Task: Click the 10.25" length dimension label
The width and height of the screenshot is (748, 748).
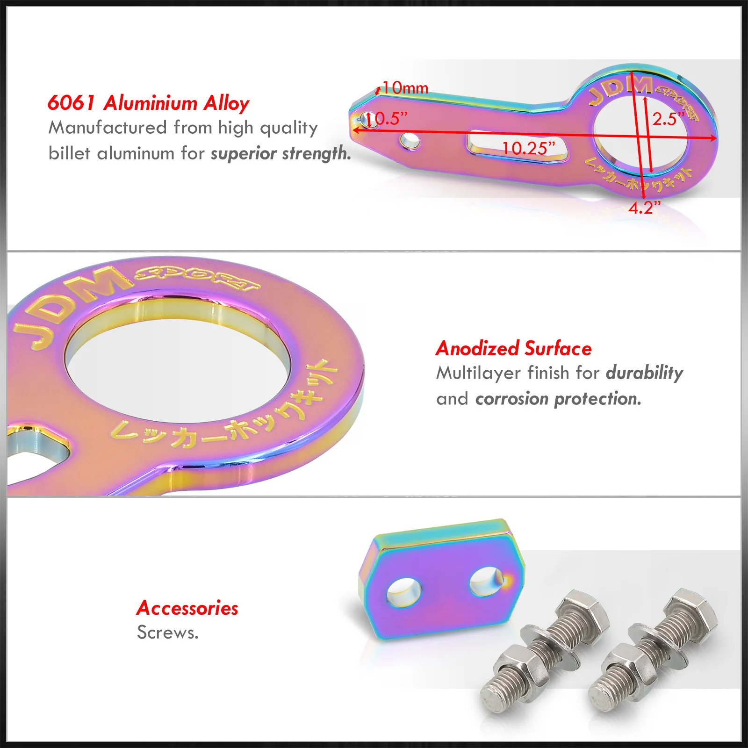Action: [x=528, y=148]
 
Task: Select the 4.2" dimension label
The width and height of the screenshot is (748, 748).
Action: [x=644, y=207]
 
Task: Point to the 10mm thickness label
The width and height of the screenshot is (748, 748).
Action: [x=405, y=87]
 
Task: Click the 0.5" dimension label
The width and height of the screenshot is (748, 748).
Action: [x=387, y=118]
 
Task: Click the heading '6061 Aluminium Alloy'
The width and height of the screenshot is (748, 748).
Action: [x=149, y=103]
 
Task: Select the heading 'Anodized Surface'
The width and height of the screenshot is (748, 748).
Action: [x=514, y=348]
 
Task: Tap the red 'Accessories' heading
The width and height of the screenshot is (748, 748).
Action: [x=187, y=608]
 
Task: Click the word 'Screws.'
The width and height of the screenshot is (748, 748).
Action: [x=168, y=633]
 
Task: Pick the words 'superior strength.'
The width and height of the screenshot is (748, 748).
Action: [x=281, y=153]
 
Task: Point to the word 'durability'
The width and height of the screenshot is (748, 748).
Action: [x=645, y=373]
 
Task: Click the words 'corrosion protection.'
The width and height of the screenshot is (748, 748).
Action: [x=559, y=399]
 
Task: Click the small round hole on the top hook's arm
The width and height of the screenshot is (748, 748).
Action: [x=410, y=141]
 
